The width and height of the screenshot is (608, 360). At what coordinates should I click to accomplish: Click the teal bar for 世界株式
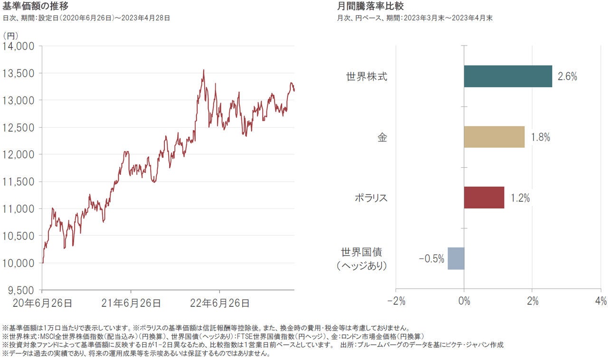click(508, 76)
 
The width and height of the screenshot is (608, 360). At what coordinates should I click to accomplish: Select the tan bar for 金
click(494, 137)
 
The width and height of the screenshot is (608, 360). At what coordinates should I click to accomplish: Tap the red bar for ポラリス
click(484, 197)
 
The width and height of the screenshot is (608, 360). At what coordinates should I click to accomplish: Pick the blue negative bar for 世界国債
click(456, 258)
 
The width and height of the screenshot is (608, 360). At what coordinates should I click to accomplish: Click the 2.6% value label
click(567, 76)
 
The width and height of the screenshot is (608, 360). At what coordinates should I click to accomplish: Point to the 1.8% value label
click(540, 137)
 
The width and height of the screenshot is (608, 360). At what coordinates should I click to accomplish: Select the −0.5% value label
click(431, 259)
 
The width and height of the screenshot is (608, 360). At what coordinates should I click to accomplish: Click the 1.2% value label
click(520, 198)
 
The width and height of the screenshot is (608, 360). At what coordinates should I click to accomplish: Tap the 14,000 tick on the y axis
click(19, 46)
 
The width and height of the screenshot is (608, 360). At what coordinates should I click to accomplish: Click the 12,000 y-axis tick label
click(19, 155)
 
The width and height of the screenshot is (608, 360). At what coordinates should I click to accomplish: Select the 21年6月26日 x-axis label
click(131, 303)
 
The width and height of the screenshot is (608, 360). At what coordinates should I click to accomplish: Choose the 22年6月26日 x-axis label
click(219, 303)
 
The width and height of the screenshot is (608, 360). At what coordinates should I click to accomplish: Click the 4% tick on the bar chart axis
click(600, 301)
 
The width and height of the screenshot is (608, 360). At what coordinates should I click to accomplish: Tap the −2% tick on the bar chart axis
click(396, 301)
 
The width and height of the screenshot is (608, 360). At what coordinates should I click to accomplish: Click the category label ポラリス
click(371, 198)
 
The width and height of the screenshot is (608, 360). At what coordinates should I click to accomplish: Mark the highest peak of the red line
click(203, 70)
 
